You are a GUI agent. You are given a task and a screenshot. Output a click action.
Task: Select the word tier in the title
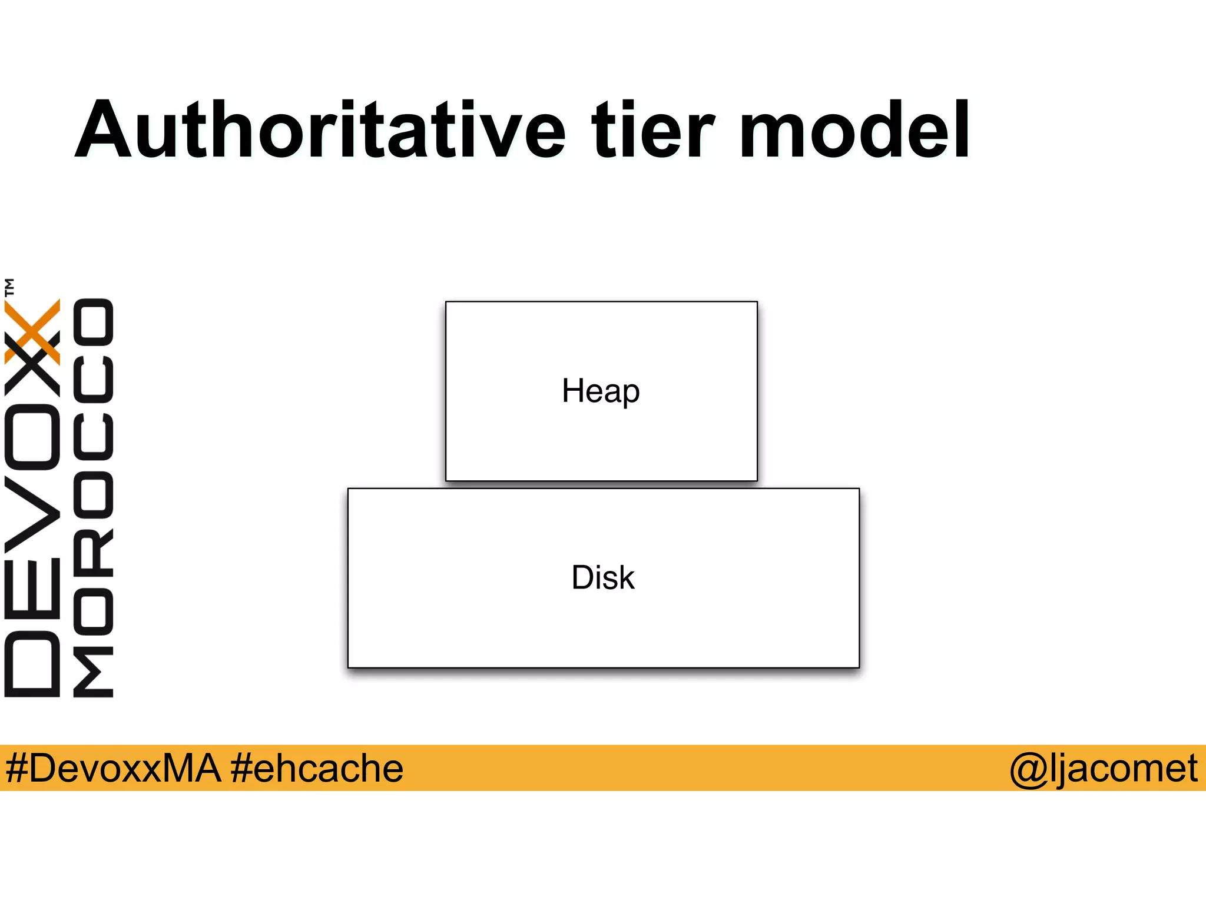tap(652, 131)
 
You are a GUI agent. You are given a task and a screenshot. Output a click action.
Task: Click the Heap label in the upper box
tap(601, 391)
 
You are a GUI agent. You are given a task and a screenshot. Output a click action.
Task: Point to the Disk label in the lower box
tap(603, 577)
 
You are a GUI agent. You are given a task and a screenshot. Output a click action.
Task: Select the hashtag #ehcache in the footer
tap(317, 768)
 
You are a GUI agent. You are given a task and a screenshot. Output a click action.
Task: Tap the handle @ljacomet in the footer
tap(1103, 768)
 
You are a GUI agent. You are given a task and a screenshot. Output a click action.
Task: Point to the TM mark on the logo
tap(9, 287)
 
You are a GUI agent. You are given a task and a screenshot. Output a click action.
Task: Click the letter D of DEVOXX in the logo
tap(32, 664)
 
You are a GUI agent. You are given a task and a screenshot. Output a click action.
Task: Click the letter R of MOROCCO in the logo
tap(93, 553)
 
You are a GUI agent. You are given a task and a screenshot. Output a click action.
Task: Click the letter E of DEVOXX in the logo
tap(32, 589)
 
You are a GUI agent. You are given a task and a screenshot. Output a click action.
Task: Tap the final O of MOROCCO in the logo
tap(93, 322)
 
